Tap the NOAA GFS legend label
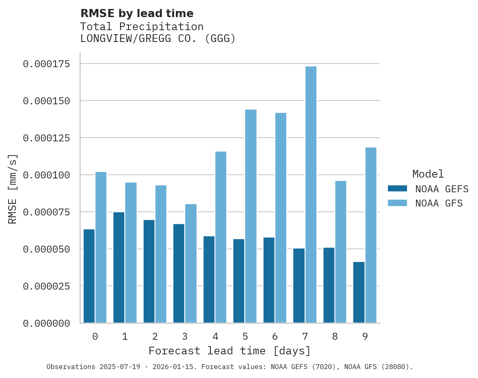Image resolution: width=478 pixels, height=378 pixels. tap(439, 203)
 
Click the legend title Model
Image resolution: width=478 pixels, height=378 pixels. tap(428, 174)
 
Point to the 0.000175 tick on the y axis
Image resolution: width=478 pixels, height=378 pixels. tap(46, 64)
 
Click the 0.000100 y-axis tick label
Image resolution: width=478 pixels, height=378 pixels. tap(46, 175)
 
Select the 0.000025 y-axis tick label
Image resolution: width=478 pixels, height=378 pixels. tap(46, 286)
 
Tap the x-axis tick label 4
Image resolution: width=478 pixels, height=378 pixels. tap(215, 336)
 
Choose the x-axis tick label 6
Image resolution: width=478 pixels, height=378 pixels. tap(275, 336)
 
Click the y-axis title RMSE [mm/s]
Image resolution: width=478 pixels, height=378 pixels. tap(13, 189)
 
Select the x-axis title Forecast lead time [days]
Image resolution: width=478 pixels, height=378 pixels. tap(230, 351)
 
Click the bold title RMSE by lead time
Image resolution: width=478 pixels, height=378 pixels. tap(137, 13)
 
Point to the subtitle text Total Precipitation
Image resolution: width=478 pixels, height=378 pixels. tap(142, 26)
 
